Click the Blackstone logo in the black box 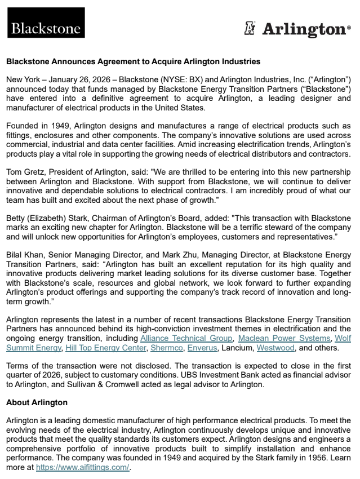[46, 28]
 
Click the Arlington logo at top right [298, 28]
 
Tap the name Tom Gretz [23, 171]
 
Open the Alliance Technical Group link [186, 338]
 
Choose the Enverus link [201, 348]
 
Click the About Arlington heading [37, 402]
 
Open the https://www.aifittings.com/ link [83, 467]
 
